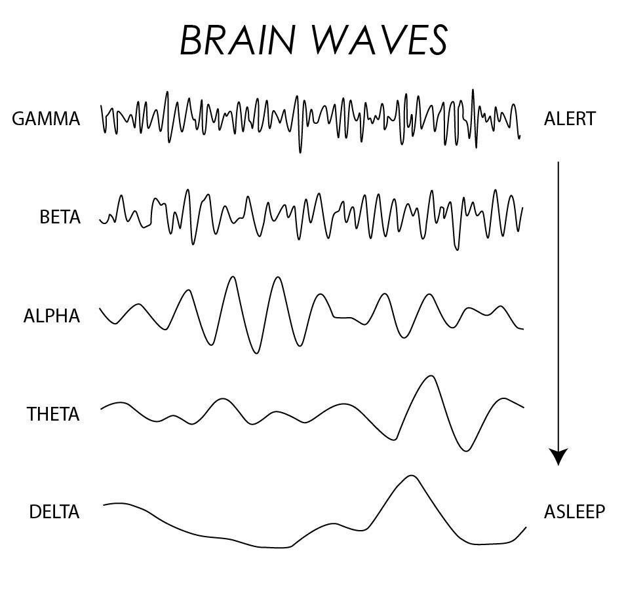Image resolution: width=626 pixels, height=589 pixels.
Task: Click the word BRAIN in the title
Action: [237, 41]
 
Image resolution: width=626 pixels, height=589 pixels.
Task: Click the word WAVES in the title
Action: [380, 41]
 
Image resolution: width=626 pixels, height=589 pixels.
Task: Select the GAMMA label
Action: [46, 119]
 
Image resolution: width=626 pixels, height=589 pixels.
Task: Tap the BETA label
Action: [60, 218]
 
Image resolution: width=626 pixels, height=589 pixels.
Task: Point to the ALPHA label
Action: [52, 316]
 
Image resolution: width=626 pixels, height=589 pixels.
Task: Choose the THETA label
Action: [53, 415]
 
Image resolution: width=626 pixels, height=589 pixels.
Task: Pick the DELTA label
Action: [54, 512]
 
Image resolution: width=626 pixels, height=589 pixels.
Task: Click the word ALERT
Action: [570, 119]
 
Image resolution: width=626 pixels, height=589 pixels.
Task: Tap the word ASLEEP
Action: [574, 512]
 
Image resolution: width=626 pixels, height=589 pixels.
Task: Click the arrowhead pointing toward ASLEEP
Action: [558, 457]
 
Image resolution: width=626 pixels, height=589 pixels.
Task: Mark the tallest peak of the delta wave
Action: [411, 476]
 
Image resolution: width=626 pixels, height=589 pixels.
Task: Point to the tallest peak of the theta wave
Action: [430, 376]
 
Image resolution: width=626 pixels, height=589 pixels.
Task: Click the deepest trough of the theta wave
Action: [466, 451]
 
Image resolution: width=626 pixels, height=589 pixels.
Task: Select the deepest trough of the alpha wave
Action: [256, 352]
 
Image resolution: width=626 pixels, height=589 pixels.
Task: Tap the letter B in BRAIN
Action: [191, 41]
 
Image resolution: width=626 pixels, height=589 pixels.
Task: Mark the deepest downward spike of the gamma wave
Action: [300, 152]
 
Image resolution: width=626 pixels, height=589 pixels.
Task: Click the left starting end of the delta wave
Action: [104, 505]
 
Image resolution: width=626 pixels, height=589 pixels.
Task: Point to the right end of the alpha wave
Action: [522, 329]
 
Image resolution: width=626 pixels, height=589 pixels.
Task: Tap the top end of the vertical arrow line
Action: [558, 162]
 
